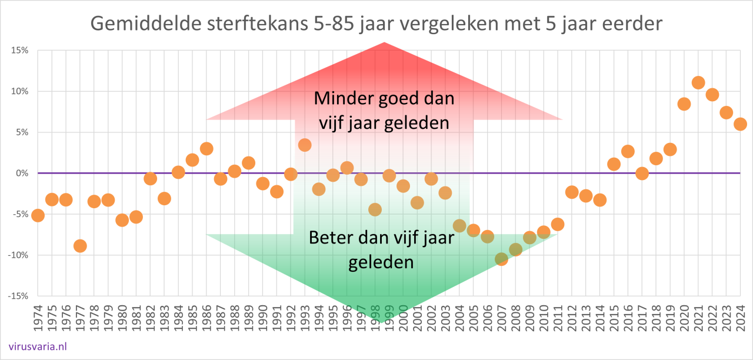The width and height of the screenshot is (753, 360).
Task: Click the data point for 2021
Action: point(698,82)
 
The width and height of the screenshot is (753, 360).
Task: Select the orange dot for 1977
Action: point(80,246)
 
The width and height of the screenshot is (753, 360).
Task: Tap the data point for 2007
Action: point(501,259)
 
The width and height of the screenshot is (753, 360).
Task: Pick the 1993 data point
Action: point(305,145)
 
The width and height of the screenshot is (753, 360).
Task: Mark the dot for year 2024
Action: point(740,124)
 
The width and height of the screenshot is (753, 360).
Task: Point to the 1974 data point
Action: point(38,215)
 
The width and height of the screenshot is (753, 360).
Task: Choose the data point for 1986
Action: point(206,149)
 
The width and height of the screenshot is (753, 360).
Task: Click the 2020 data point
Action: point(684,104)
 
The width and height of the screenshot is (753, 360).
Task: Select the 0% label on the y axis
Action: point(22,173)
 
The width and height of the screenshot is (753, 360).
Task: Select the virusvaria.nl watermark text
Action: point(38,346)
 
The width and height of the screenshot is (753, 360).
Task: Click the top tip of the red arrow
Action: point(384,43)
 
